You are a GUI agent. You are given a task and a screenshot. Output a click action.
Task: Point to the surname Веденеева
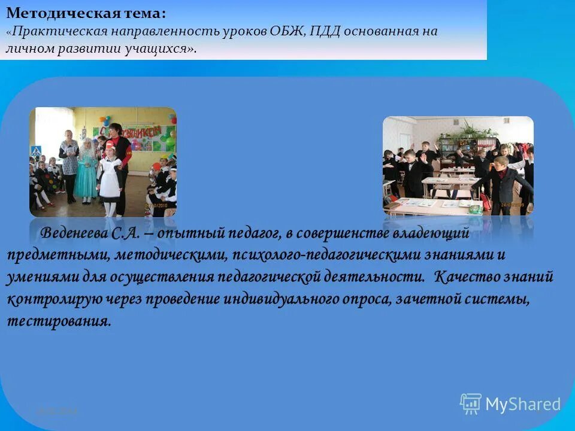click(75, 232)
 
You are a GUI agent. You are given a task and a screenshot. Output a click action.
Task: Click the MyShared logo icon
click(471, 403)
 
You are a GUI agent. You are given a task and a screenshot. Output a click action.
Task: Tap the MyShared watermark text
click(523, 404)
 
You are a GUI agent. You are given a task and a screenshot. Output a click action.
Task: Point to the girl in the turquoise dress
click(87, 171)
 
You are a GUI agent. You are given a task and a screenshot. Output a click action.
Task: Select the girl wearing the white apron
click(110, 180)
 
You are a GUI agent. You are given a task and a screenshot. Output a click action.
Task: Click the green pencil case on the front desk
click(475, 209)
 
